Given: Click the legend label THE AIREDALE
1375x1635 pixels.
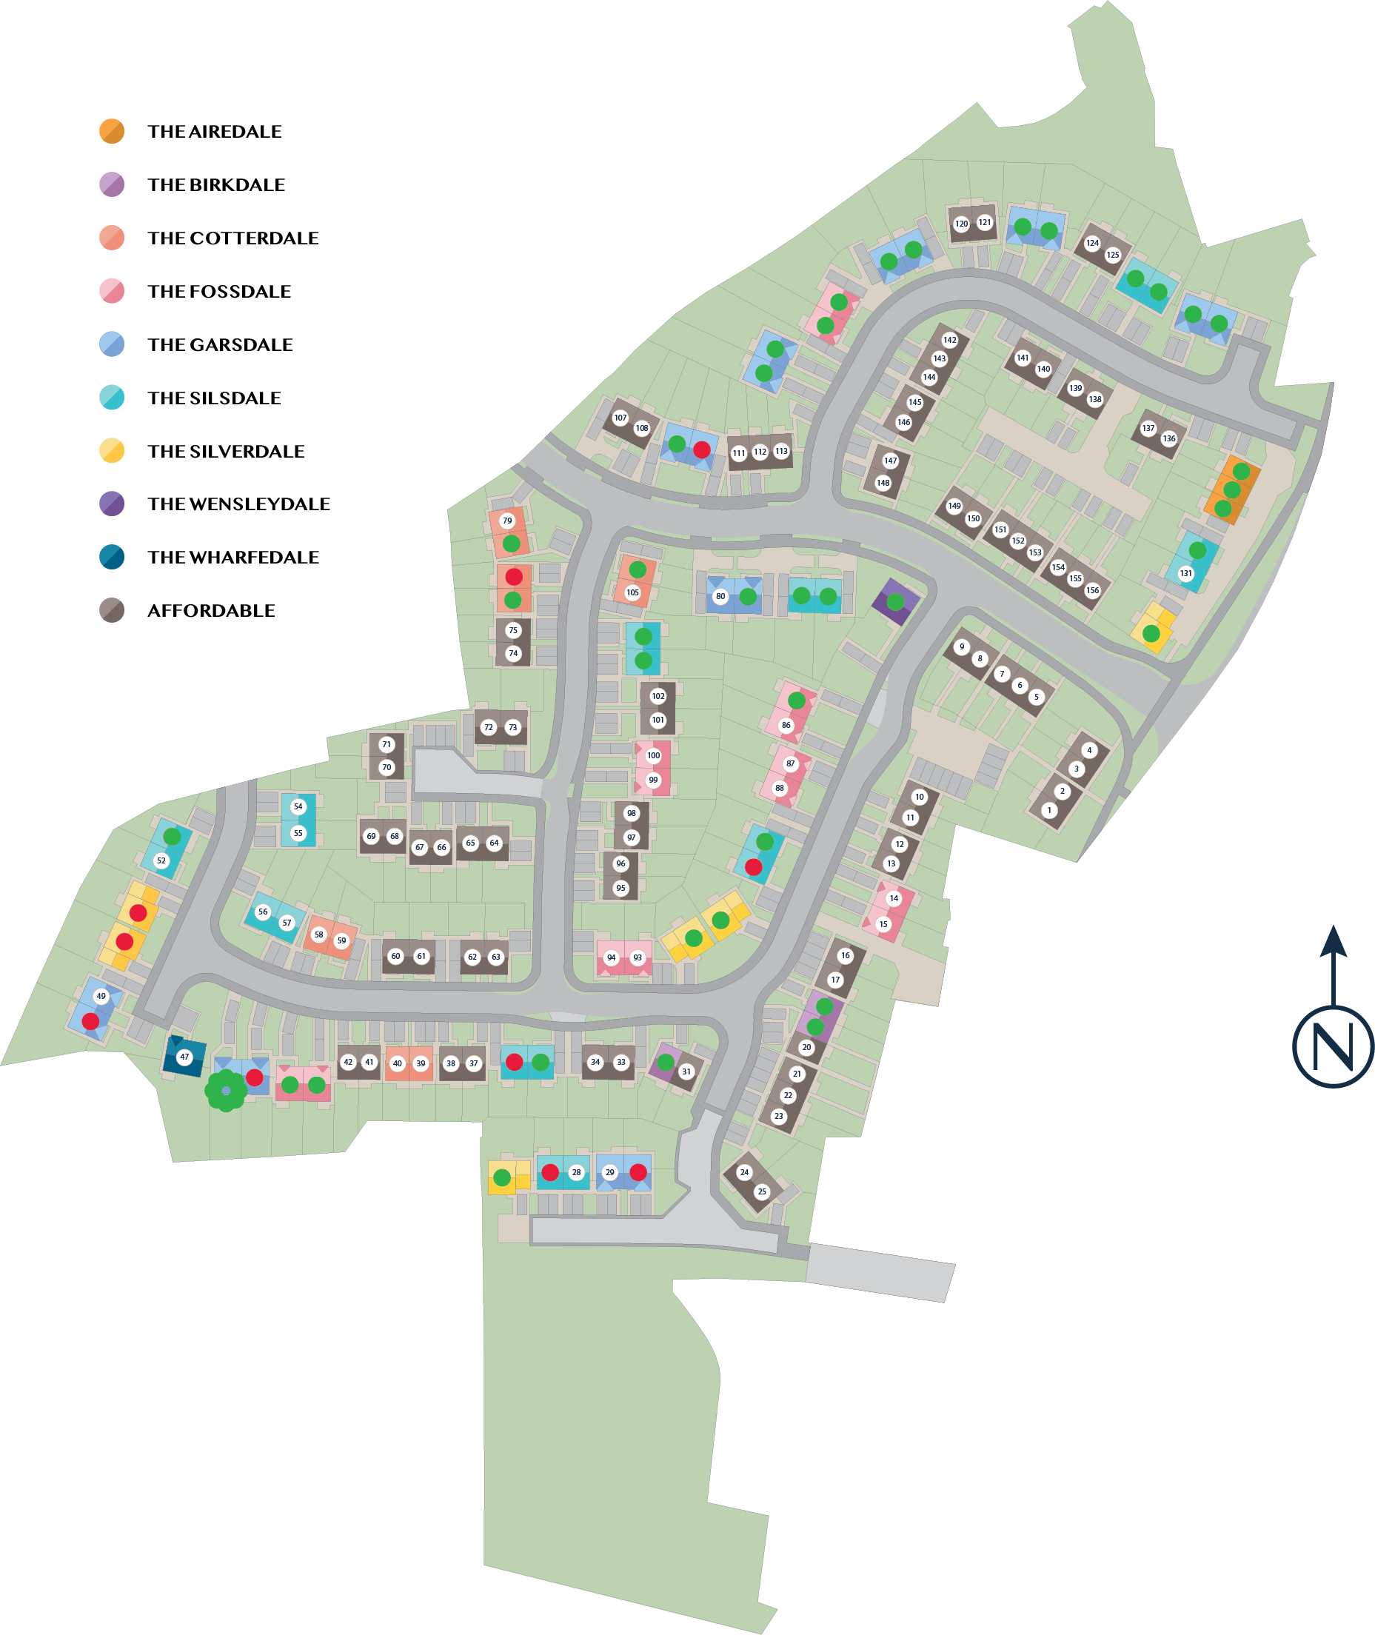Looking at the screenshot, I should [x=214, y=132].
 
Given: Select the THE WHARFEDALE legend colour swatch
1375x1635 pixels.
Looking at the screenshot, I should [x=112, y=557].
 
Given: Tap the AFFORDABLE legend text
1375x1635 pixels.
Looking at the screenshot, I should [x=211, y=611].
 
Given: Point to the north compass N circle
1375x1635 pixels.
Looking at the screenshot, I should [x=1333, y=1046].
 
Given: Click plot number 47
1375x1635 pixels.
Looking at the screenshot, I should [x=184, y=1057].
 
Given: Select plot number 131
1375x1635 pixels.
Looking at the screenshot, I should [x=1185, y=573].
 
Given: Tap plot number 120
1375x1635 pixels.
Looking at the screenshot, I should [x=962, y=224].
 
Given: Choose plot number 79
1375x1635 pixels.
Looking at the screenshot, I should [x=507, y=521].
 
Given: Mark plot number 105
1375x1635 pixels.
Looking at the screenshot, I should [x=632, y=592].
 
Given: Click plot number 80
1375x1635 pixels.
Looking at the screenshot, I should [x=720, y=596].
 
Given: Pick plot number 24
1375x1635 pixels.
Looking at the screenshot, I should [x=744, y=1171].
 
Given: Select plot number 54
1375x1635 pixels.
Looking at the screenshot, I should [x=298, y=806].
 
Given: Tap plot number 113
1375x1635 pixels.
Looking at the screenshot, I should [x=781, y=450].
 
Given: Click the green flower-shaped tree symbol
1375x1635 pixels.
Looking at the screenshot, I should [x=226, y=1090].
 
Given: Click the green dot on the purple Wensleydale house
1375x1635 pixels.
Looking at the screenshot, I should [x=896, y=601].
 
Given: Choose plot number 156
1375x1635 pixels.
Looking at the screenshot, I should [x=1093, y=590].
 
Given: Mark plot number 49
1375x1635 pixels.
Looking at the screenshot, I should [x=101, y=996].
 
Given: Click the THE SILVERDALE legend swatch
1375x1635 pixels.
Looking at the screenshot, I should [x=112, y=450].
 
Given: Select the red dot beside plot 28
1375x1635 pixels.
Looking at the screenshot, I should [x=550, y=1171].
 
